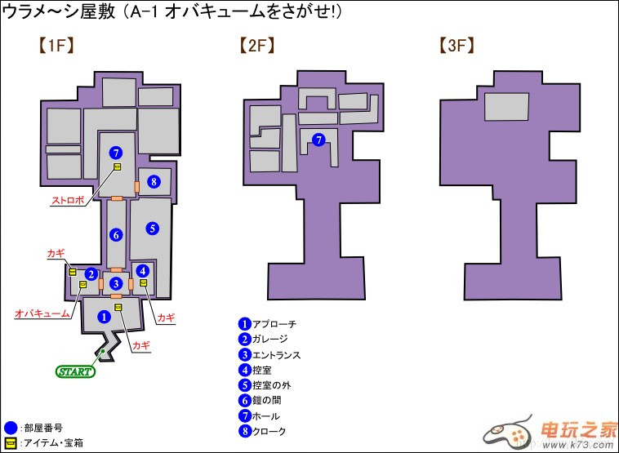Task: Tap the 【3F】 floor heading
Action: click(x=457, y=47)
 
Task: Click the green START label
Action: click(x=75, y=372)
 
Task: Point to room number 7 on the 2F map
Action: click(x=319, y=140)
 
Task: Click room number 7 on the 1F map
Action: click(x=116, y=153)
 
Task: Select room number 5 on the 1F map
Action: click(x=153, y=228)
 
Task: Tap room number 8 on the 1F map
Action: click(x=154, y=181)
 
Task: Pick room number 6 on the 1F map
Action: click(x=116, y=235)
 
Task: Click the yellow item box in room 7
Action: click(x=118, y=167)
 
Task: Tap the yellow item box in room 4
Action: click(x=143, y=283)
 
